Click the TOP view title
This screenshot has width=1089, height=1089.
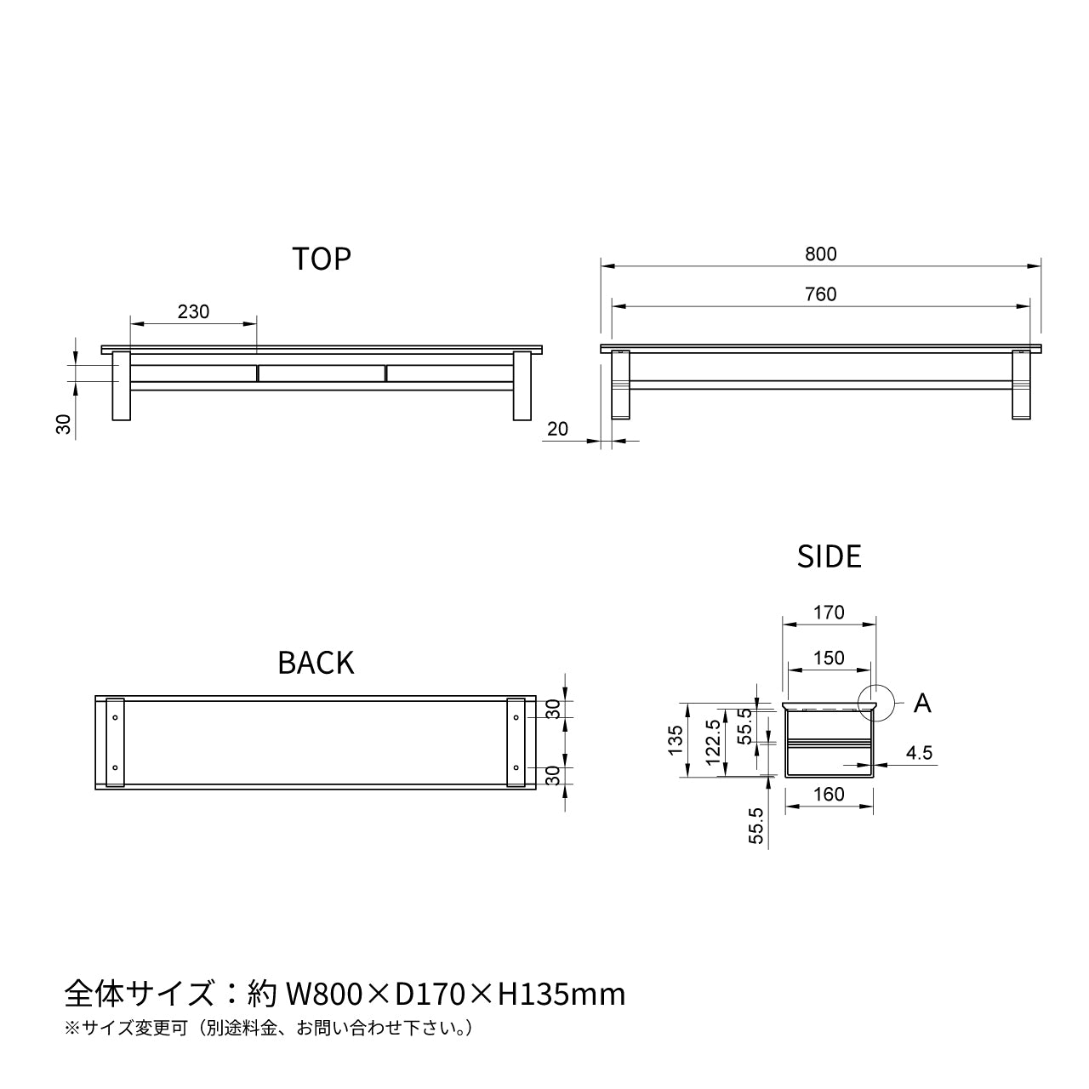[322, 259]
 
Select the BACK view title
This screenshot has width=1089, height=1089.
[316, 663]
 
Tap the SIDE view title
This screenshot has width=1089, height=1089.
[829, 556]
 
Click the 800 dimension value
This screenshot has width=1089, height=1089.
[820, 254]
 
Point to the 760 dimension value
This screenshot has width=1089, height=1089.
[820, 294]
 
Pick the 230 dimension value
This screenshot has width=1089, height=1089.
[193, 311]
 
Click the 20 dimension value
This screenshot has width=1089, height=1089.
[557, 429]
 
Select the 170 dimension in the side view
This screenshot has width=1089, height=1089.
[828, 613]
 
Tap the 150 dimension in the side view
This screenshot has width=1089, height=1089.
[828, 658]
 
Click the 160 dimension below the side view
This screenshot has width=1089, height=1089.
[828, 794]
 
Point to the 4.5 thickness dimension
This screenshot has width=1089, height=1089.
[919, 753]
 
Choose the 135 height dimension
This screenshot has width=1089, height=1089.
[676, 739]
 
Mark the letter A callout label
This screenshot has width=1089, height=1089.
[922, 704]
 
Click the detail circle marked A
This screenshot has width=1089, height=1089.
[875, 703]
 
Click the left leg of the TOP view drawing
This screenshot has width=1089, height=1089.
[121, 386]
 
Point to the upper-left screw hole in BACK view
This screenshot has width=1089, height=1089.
[114, 717]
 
